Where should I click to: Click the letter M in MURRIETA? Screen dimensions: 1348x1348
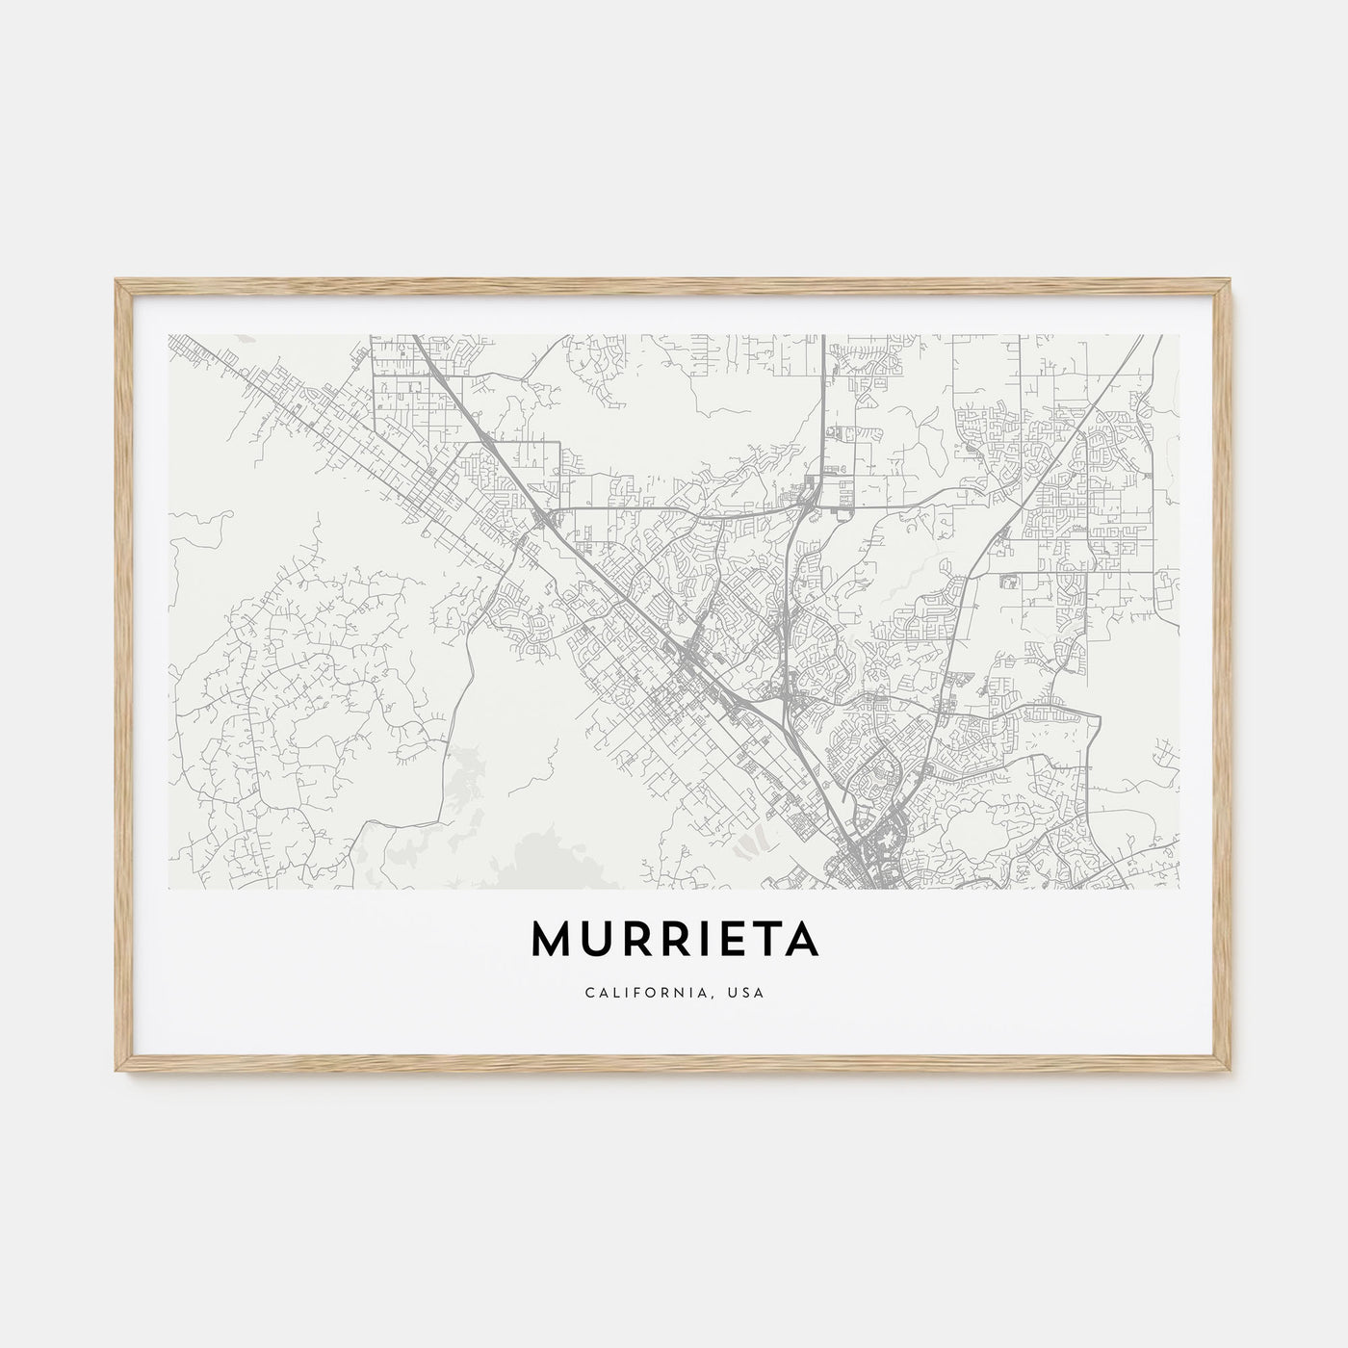click(553, 942)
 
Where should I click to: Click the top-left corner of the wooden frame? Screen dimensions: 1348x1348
click(117, 281)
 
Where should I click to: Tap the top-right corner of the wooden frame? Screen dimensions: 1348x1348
click(1231, 281)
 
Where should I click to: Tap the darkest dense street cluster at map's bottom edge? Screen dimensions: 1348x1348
click(878, 847)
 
